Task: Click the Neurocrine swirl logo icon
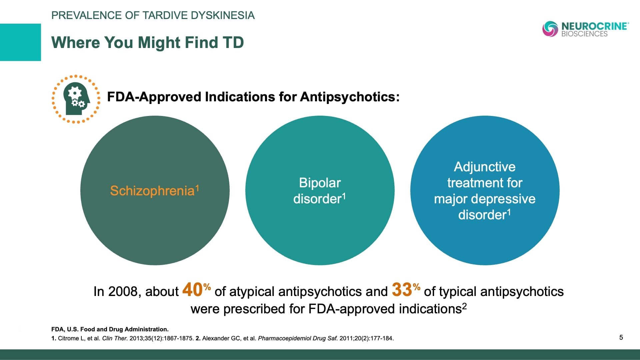(550, 29)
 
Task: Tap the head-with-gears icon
(76, 99)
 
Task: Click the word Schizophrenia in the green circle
(152, 191)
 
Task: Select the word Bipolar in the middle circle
(320, 183)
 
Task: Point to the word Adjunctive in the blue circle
(485, 167)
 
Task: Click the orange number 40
(193, 289)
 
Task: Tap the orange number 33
(402, 289)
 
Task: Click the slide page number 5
(621, 337)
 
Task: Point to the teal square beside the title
(20, 42)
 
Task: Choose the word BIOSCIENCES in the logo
(584, 34)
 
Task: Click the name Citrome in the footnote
(68, 338)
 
